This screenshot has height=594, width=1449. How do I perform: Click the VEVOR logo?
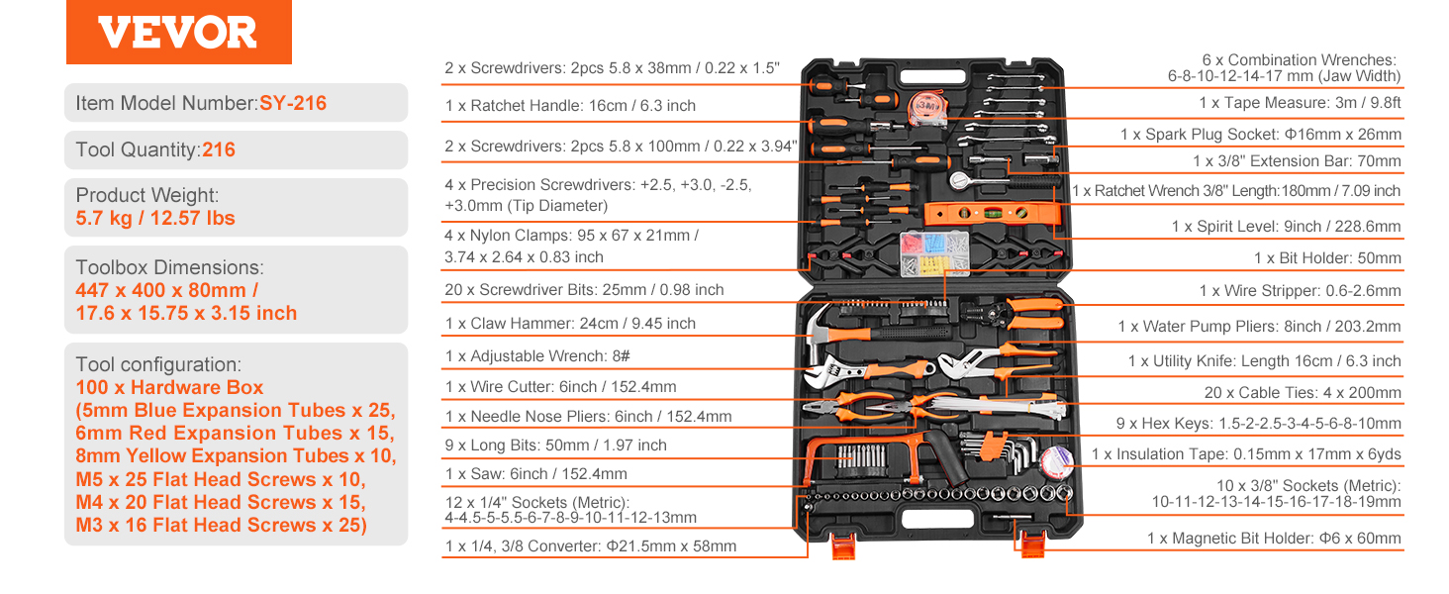(x=178, y=33)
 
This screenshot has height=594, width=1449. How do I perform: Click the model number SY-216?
(x=293, y=103)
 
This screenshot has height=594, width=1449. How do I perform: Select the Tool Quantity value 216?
(x=219, y=150)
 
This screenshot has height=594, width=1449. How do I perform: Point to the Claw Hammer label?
(x=570, y=324)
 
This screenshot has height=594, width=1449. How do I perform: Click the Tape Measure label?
(x=1300, y=103)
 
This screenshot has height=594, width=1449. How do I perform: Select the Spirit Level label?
(x=1286, y=227)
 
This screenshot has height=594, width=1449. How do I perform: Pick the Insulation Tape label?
(x=1246, y=454)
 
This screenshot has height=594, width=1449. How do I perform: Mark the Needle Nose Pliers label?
(x=589, y=417)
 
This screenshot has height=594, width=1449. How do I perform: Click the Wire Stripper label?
(x=1300, y=291)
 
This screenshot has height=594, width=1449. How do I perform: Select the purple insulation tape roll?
(x=1057, y=457)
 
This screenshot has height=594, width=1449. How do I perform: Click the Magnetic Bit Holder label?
(x=1274, y=539)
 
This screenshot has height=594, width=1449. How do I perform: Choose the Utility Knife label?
(x=1264, y=361)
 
